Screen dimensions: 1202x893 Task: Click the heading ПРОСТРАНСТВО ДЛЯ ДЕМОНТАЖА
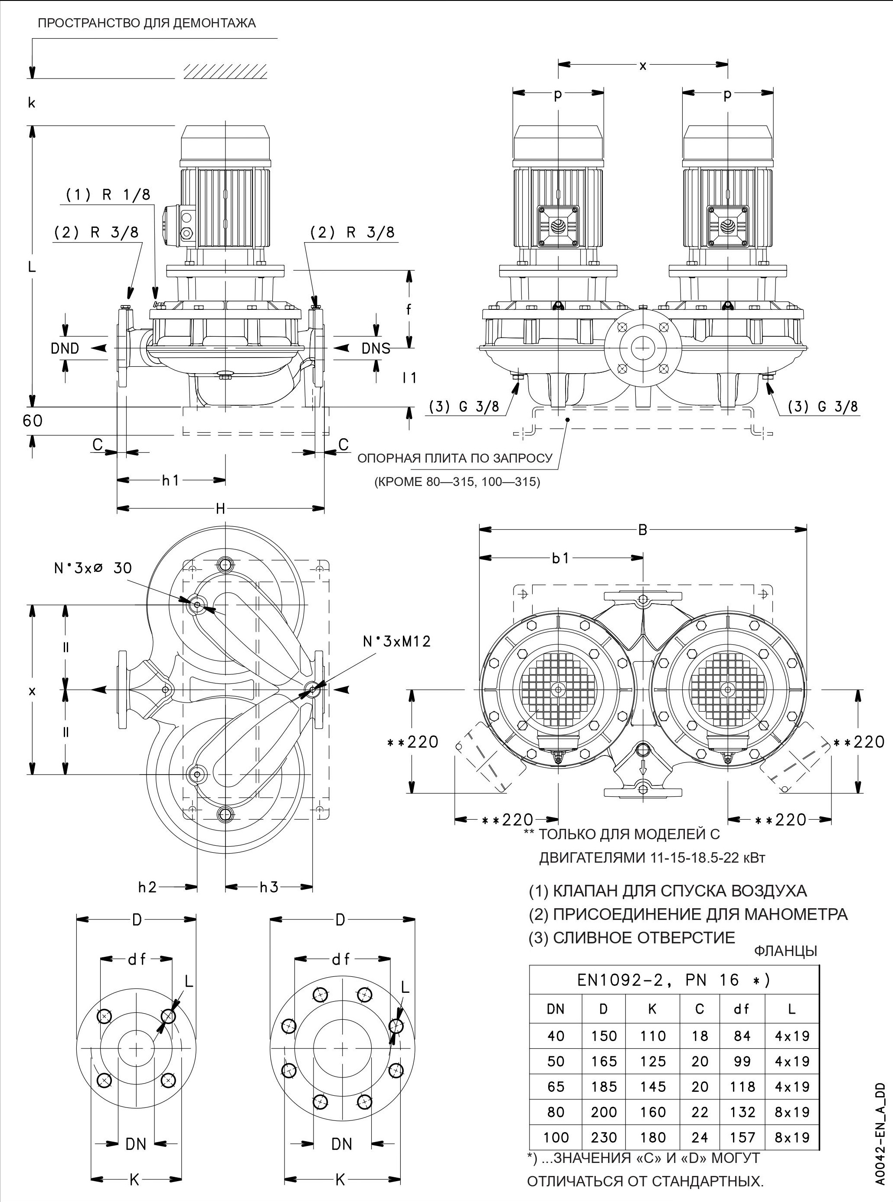point(147,24)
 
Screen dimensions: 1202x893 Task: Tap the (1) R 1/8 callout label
point(108,195)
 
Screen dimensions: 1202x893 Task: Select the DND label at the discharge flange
point(65,348)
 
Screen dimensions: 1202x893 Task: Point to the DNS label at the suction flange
point(376,348)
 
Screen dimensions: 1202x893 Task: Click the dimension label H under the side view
point(221,508)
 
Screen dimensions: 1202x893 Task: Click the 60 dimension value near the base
point(33,420)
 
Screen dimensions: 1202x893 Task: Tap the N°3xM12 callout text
point(397,641)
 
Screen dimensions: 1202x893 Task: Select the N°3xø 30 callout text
point(92,567)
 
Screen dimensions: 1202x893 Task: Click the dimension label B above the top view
point(642,530)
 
